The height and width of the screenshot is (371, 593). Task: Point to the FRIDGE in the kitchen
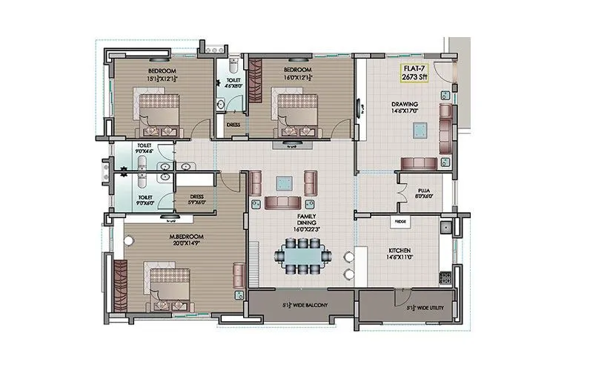coord(400,221)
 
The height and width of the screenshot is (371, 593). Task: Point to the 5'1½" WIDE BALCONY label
coord(301,305)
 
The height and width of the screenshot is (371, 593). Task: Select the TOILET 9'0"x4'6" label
coord(145,148)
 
